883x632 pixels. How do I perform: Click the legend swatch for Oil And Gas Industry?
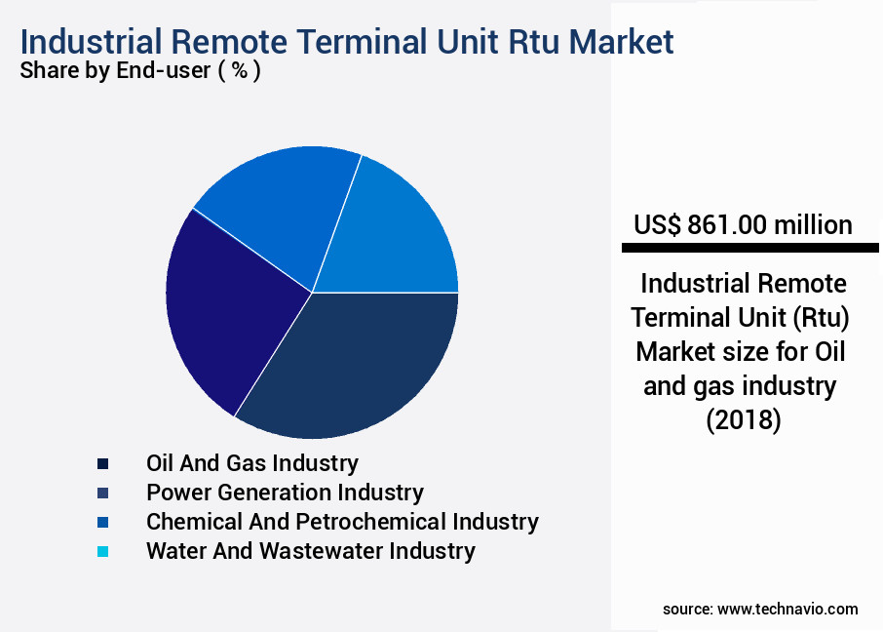[102, 463]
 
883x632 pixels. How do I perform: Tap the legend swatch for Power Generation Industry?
[102, 493]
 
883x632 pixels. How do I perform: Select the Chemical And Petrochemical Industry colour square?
[102, 522]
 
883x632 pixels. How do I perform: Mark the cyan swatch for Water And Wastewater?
[102, 551]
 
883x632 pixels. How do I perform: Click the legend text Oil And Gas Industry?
[251, 462]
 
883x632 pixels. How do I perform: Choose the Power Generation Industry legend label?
[285, 492]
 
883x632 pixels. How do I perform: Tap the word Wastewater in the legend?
[309, 550]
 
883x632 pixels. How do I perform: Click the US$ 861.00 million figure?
[743, 225]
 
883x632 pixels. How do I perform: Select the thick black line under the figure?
[749, 249]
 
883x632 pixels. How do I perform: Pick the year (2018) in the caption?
[743, 421]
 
